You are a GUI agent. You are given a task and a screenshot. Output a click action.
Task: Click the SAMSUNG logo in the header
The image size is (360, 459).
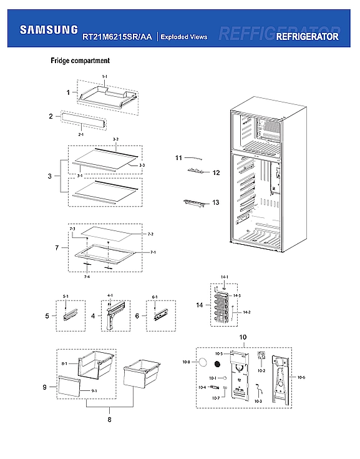(49, 29)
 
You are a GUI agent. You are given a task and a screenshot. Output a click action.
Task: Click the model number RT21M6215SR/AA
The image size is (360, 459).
(117, 37)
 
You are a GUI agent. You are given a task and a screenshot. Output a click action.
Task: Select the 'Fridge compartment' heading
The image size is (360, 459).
(80, 61)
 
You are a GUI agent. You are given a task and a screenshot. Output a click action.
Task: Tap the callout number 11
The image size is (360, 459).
(178, 157)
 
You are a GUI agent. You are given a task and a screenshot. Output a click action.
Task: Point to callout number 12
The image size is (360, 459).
(216, 172)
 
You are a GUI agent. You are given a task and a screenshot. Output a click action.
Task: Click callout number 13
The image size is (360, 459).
(216, 202)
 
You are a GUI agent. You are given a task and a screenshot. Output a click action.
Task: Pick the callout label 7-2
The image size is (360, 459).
(150, 234)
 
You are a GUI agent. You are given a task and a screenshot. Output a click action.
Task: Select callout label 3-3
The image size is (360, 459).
(142, 164)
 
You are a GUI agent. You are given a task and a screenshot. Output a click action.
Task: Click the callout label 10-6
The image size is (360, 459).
(301, 377)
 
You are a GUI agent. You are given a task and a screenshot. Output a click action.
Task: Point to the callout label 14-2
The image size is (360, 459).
(246, 312)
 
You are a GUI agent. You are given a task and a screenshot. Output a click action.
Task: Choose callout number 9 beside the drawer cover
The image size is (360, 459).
(45, 388)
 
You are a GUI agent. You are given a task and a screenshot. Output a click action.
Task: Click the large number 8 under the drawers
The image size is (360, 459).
(109, 419)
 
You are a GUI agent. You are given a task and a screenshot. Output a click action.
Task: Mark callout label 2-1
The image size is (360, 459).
(80, 134)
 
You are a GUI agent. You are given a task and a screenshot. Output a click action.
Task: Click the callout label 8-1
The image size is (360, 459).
(64, 363)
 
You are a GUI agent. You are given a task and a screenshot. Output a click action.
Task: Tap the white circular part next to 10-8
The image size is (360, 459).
(203, 362)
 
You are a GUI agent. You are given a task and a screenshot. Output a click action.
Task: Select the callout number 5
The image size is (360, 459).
(47, 317)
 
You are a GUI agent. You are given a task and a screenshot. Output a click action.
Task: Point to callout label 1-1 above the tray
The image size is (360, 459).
(105, 76)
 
